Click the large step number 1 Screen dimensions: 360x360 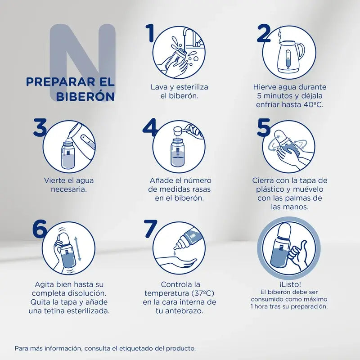pos(150,33)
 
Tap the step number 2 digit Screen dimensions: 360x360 pos(263,33)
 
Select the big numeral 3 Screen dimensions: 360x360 pos(40,127)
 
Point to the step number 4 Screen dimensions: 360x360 pos(150,127)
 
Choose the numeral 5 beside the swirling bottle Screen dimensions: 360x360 pos(264,127)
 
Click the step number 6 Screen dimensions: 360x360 pos(40,229)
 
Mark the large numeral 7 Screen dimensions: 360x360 pos(151,229)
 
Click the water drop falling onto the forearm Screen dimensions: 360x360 pos(175,253)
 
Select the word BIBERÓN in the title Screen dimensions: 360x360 pos(85,97)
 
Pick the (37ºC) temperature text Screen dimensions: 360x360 pos(203,293)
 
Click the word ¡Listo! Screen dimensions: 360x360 pos(290,284)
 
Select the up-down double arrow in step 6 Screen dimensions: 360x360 pos(78,249)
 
